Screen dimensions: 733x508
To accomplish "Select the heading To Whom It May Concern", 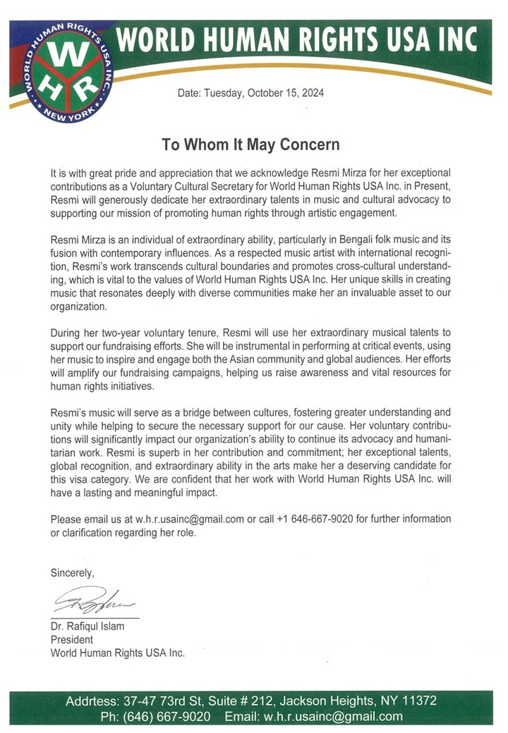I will (x=241, y=145).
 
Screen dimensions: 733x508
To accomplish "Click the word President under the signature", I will (x=71, y=640).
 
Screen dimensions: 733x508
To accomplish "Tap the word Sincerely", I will (x=71, y=574).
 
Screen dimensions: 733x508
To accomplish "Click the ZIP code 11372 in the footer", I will (x=418, y=701).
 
